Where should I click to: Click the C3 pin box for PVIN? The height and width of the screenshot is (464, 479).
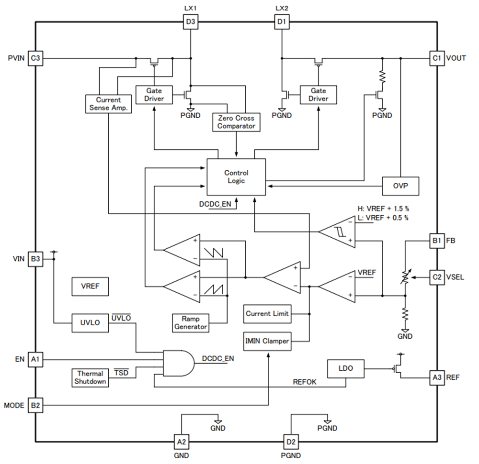coord(35,58)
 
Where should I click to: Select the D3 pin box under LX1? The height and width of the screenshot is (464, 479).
coord(191,22)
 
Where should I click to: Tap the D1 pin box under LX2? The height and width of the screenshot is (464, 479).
coord(281,22)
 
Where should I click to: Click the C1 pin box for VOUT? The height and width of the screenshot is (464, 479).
coord(436,58)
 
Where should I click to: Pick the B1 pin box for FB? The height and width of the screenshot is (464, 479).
coord(436,240)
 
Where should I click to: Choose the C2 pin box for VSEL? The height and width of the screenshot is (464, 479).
coord(436,277)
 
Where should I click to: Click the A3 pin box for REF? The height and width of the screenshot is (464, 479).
coord(436,377)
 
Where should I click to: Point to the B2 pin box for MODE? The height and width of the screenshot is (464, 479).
coord(35,405)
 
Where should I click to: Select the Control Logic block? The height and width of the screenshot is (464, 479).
coord(236,177)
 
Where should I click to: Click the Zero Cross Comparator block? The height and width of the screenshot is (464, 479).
coord(236,122)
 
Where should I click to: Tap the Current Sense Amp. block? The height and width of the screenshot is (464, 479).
coord(108,104)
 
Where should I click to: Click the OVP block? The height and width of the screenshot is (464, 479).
coord(400,186)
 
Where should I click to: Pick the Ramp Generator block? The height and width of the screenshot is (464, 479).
coord(191,322)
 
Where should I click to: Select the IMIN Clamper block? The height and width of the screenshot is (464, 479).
coord(267,341)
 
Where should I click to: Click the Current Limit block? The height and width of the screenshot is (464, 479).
coord(267,314)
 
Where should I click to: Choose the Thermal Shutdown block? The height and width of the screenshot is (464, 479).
coord(90,377)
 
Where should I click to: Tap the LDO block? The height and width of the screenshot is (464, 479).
coord(345,368)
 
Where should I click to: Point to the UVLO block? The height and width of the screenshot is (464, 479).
coord(90,323)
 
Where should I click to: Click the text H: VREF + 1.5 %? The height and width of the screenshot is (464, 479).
coord(383,209)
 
